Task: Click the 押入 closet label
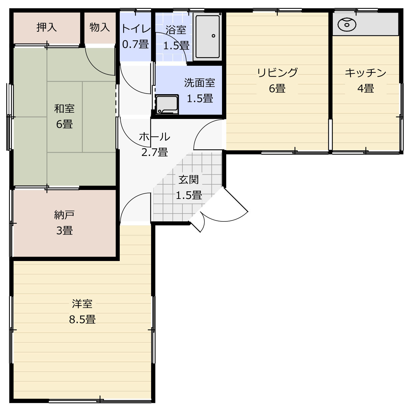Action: tap(47, 27)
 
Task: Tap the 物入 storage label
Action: tap(100, 27)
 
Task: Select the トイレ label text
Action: tap(136, 29)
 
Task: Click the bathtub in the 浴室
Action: tap(207, 36)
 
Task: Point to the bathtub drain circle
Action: tap(213, 36)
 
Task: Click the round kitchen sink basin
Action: tap(347, 24)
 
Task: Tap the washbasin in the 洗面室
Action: tap(167, 104)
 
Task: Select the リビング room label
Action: tap(277, 73)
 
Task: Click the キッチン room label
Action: tap(365, 73)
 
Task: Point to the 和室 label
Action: tap(64, 108)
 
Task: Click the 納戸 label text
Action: tap(64, 215)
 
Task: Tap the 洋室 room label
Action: tap(82, 304)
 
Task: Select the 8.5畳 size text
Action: tap(82, 320)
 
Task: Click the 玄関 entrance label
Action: tap(189, 180)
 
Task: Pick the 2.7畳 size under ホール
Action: tap(154, 152)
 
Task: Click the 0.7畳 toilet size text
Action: tap(136, 44)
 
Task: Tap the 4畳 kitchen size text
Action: tap(365, 88)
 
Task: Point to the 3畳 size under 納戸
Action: tap(65, 230)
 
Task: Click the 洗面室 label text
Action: tap(200, 83)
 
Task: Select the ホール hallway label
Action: tap(154, 136)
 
